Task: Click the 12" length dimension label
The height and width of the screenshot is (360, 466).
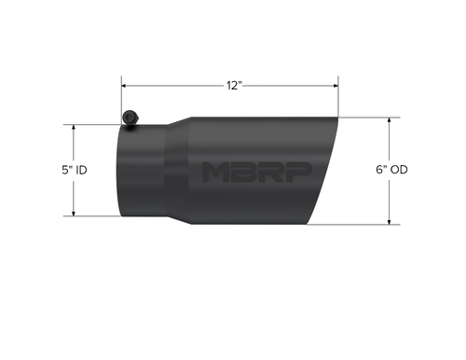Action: pos(234,85)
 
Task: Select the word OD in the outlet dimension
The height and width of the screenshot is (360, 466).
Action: pos(401,170)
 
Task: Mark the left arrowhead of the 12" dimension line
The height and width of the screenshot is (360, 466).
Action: pos(125,85)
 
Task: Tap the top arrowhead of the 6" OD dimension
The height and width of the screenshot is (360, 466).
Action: pos(389,121)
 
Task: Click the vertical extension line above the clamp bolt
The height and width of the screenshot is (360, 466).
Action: pos(121,93)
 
